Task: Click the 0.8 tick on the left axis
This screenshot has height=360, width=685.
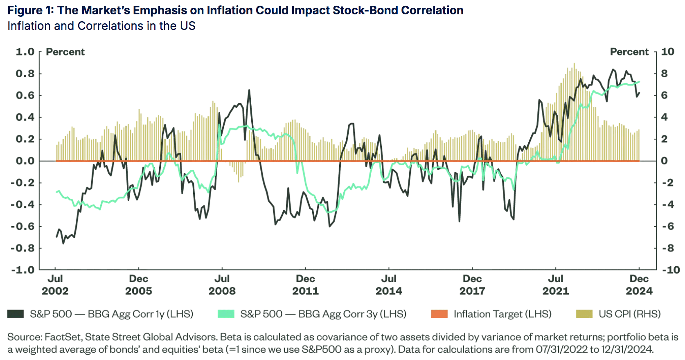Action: tap(25, 74)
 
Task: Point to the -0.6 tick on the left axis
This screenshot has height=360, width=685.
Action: tap(23, 226)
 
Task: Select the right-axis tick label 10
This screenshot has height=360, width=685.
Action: tap(667, 52)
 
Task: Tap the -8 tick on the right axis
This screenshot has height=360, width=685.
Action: tap(667, 248)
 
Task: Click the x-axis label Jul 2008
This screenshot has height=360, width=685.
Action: tap(222, 285)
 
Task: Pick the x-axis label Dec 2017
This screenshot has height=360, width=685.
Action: tap(472, 285)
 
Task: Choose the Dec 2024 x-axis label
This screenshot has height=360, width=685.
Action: tap(639, 285)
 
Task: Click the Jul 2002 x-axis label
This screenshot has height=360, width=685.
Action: tap(55, 285)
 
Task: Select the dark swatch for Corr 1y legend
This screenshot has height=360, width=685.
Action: tap(16, 314)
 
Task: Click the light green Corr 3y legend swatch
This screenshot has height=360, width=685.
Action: tap(226, 314)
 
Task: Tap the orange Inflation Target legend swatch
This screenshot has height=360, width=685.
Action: tap(439, 314)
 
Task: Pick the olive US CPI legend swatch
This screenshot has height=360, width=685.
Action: tap(584, 314)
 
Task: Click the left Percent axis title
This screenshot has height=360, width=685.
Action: tap(65, 52)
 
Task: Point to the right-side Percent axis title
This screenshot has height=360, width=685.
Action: tap(629, 52)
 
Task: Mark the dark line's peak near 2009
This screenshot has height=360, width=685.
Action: tap(249, 90)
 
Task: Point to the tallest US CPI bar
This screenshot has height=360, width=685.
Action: tap(574, 64)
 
